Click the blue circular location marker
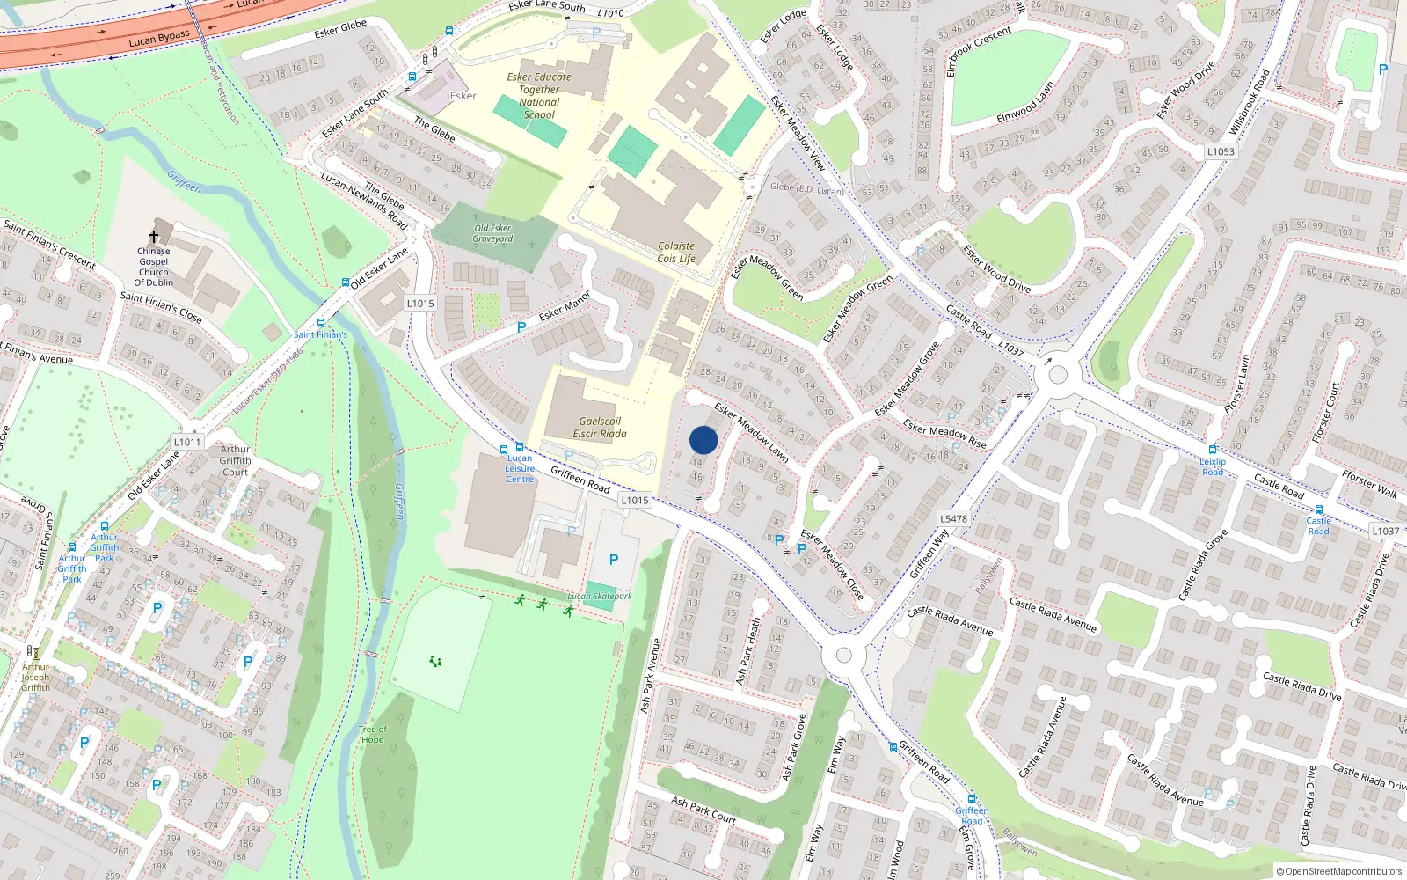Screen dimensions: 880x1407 click(x=703, y=440)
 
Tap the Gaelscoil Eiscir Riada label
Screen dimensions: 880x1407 click(x=600, y=428)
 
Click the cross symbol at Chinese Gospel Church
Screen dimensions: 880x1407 click(x=154, y=237)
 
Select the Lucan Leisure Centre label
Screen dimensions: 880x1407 click(x=520, y=469)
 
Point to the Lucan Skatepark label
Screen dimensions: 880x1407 click(x=600, y=597)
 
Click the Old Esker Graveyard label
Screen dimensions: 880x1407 click(x=492, y=233)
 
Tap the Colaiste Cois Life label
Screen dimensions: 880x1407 click(x=676, y=253)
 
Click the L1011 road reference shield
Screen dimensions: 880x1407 click(x=187, y=442)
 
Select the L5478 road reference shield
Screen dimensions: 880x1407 click(x=953, y=519)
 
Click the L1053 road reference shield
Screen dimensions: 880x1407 click(x=1221, y=151)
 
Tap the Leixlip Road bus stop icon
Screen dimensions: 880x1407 click(x=1213, y=450)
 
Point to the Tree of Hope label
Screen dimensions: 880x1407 click(x=372, y=735)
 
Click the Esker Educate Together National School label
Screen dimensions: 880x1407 click(x=539, y=95)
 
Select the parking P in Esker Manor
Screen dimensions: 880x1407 click(x=521, y=327)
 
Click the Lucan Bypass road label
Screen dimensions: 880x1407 click(x=159, y=40)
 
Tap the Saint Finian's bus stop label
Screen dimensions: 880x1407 click(x=320, y=334)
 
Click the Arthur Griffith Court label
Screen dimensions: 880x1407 click(x=235, y=460)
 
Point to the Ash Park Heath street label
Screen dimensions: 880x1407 click(x=747, y=651)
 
